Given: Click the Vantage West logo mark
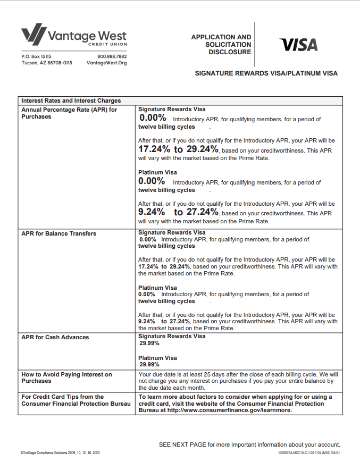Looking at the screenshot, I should [33, 35].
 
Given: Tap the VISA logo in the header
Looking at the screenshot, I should [298, 45].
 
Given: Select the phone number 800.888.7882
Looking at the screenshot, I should [112, 56].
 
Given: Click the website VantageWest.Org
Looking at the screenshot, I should [106, 63].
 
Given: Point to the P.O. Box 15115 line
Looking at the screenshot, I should [36, 56].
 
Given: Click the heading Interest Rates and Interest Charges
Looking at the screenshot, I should [71, 100].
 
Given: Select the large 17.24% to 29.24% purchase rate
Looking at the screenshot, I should [178, 149].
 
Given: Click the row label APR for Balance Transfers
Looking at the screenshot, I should [58, 233].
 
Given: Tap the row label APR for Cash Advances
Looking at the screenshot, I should [55, 337].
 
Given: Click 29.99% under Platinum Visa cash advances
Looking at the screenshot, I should [149, 365].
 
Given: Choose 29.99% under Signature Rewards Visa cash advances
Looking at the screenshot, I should [149, 343].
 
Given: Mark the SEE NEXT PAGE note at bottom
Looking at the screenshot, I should [249, 445].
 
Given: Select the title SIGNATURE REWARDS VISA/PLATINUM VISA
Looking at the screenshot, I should [266, 73].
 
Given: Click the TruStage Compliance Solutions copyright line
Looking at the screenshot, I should [60, 452].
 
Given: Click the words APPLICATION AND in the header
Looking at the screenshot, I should [221, 37].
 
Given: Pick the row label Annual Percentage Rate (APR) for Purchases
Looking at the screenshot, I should [69, 113].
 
